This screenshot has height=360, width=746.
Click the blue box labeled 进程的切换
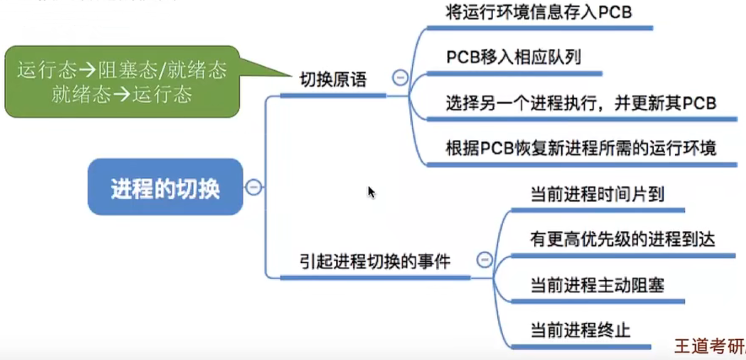165,187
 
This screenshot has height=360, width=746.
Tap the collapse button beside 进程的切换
254,187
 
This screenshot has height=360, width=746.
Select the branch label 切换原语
333,80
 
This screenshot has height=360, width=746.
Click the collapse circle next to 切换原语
400,77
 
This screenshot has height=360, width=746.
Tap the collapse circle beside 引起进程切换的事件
484,259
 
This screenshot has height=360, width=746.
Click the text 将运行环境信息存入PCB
539,12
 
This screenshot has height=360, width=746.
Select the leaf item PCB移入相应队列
513,57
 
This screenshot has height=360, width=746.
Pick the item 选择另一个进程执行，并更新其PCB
581,103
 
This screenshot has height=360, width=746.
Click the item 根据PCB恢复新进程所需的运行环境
581,149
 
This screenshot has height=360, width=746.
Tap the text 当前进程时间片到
597,195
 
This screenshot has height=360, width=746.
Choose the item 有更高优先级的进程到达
622,240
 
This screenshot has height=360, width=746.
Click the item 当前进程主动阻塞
597,285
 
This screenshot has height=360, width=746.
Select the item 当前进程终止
580,330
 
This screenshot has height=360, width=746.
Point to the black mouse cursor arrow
371,192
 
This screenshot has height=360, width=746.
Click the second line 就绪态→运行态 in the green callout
122,94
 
